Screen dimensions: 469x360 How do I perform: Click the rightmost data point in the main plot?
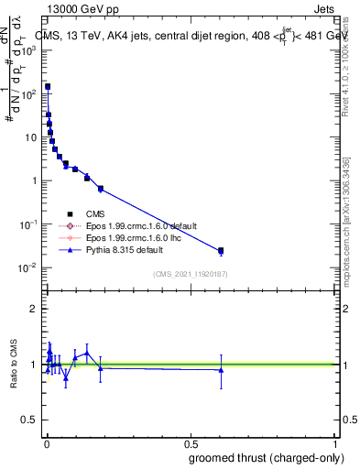(x=221, y=250)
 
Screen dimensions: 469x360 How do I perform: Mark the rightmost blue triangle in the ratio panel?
(x=221, y=370)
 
